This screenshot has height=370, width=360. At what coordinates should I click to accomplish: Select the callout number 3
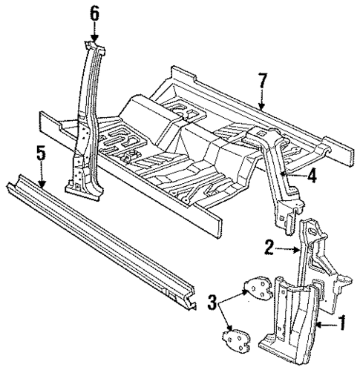(x=212, y=303)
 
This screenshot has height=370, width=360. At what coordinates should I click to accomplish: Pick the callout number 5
(x=40, y=154)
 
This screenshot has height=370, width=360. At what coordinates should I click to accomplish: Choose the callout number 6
(x=94, y=13)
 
